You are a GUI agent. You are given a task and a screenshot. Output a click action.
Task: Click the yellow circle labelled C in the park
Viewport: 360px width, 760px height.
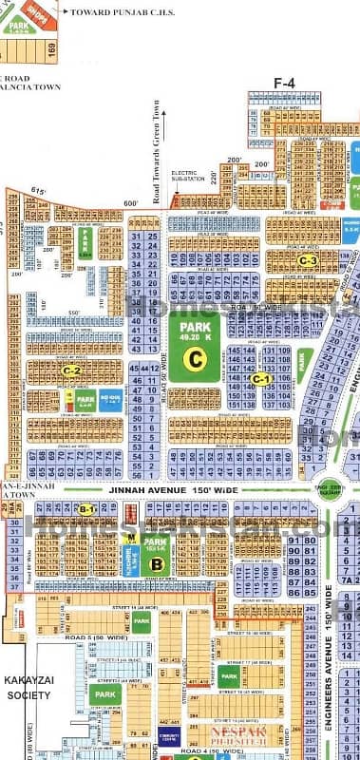tap(196, 359)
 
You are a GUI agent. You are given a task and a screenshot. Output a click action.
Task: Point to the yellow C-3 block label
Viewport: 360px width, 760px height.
tap(307, 260)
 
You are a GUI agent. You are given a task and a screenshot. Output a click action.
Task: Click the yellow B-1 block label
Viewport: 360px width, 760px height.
tap(86, 510)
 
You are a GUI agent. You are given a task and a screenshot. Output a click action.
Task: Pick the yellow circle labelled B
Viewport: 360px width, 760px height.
tap(157, 564)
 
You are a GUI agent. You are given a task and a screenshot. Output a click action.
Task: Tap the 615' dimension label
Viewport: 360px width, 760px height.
tap(39, 192)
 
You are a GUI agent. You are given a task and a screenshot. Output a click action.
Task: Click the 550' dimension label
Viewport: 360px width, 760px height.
tap(71, 313)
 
